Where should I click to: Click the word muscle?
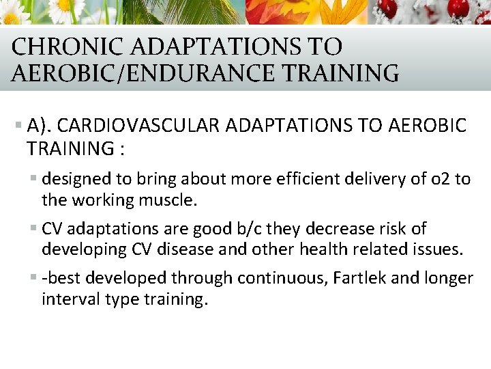pyautogui.click(x=169, y=201)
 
